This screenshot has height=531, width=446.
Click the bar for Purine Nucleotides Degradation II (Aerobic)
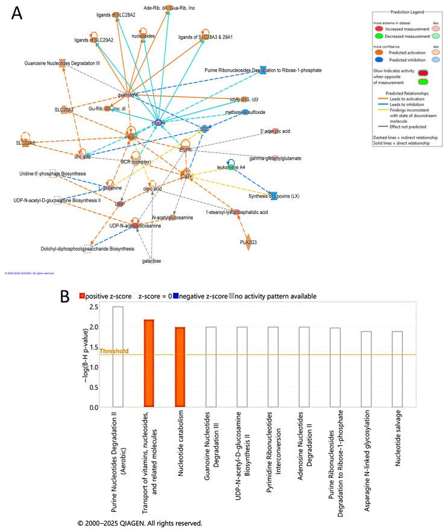click(118, 357)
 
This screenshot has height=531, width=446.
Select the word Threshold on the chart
click(114, 351)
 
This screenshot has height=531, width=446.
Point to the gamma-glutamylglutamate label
click(275, 158)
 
